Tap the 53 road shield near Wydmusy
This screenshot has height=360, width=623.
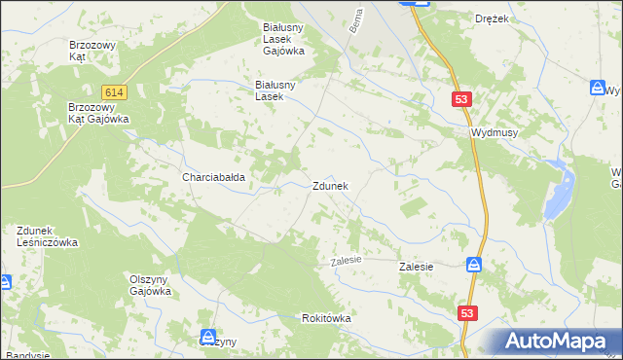coord(462,99)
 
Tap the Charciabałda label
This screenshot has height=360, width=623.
coord(213,178)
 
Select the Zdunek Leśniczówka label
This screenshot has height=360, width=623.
coord(47,236)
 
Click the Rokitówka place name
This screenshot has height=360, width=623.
coord(326,318)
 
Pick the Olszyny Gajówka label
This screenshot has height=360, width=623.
coord(151,284)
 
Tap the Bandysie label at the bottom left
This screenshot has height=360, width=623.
coord(26,355)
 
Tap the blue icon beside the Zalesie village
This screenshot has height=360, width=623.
coord(473,265)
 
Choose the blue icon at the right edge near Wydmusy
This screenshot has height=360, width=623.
coord(598,89)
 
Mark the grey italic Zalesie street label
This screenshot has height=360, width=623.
coord(346,260)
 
